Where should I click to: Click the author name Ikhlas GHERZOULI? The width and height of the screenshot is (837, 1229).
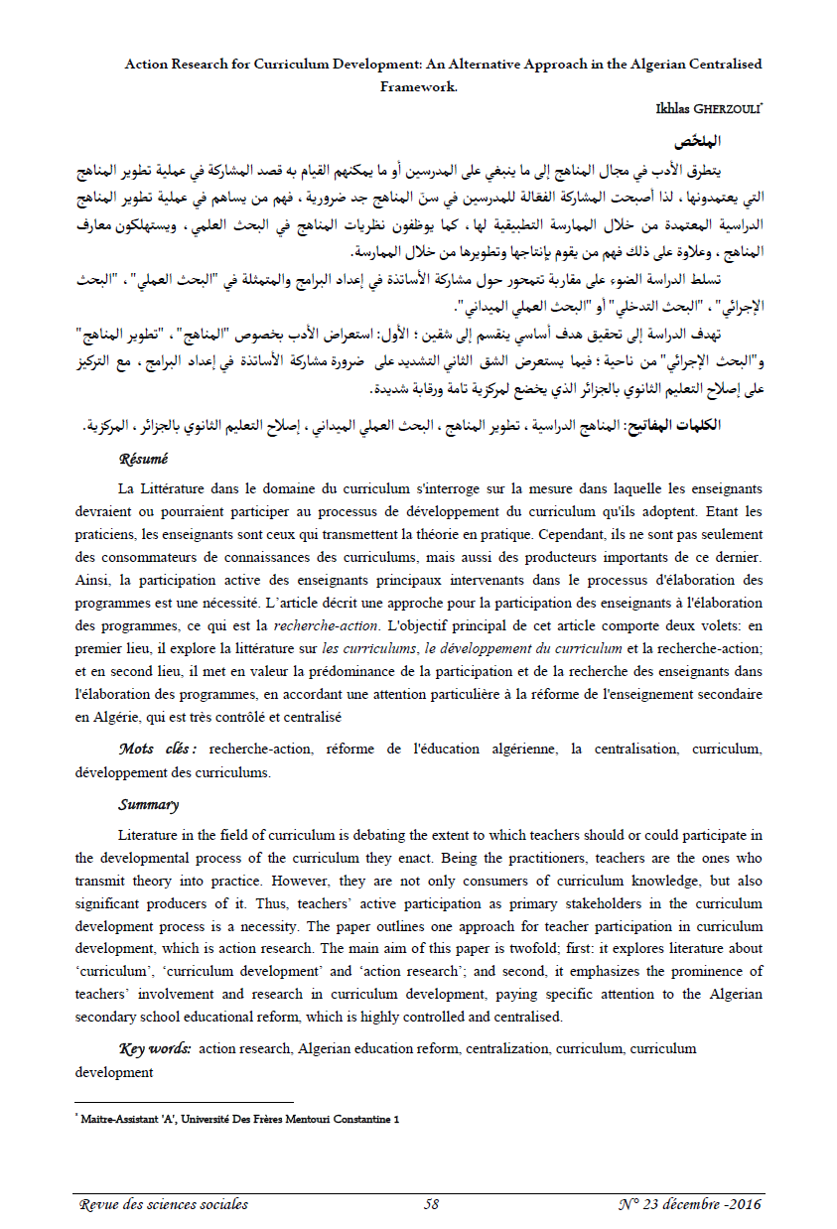[x=704, y=107]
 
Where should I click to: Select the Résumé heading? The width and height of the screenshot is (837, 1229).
[x=143, y=460]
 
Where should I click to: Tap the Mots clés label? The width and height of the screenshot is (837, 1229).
[x=158, y=748]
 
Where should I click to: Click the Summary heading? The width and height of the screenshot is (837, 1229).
[x=148, y=804]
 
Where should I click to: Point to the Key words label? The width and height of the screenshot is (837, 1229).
[x=155, y=1048]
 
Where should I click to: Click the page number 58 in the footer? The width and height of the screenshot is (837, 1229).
[x=431, y=1204]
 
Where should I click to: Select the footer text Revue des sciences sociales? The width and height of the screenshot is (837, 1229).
[x=164, y=1204]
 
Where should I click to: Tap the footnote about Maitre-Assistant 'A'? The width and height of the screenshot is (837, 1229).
[x=239, y=1118]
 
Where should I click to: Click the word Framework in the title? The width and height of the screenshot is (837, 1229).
[x=418, y=85]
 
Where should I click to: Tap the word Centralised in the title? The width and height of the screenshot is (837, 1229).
[x=720, y=64]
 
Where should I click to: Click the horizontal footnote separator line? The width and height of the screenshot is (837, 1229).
[x=185, y=1102]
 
